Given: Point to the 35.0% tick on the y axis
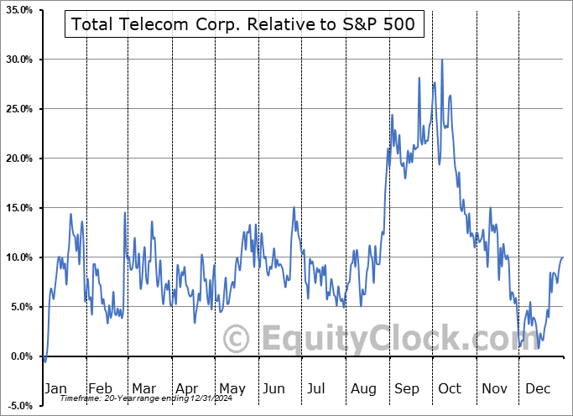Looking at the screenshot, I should point(18,10).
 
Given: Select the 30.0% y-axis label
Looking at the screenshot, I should point(18,60).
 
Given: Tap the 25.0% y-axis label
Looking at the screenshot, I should point(18,109).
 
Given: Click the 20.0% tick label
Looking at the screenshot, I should point(18,159).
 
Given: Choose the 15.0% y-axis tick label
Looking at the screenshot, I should point(18,208).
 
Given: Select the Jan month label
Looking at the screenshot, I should point(56,388).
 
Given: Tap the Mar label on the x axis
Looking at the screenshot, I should point(143,388).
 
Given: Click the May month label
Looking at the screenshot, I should point(232,388).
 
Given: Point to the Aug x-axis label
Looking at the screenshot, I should point(363,388).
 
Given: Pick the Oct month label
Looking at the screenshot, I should point(450,388).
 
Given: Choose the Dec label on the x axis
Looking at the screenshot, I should point(539,388).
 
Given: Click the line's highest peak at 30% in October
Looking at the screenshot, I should point(441,60).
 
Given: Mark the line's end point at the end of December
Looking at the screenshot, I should point(562,257).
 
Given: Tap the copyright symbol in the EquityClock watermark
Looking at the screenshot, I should point(238,340).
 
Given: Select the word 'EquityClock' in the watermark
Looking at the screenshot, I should point(390,340).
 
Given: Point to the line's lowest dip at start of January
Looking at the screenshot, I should point(44,361).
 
